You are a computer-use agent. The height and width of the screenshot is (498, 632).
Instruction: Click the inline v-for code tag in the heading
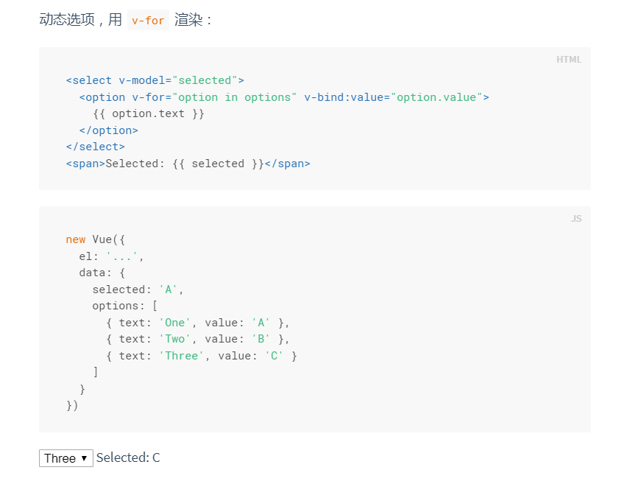point(148,21)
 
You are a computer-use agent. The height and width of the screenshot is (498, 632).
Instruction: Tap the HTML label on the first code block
point(569,60)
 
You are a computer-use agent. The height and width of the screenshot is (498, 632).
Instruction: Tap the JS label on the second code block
point(576,219)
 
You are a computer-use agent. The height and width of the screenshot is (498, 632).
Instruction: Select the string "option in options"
point(234,97)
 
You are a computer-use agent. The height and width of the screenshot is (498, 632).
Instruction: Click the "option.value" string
point(437,97)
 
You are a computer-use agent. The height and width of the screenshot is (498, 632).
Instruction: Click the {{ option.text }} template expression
point(149,113)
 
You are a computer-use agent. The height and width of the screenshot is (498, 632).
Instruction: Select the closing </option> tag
point(109,130)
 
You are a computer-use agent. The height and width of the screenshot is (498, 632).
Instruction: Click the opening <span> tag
point(85,164)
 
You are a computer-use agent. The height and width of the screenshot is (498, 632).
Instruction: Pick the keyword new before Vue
point(76,239)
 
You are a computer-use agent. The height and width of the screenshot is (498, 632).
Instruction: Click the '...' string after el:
point(122,256)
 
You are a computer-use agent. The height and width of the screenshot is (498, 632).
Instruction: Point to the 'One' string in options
point(175,323)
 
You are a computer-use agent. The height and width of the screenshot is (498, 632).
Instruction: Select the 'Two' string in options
point(175,339)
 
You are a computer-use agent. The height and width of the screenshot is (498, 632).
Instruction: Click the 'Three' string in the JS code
point(182,356)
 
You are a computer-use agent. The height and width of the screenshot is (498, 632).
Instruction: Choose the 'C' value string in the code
point(274,356)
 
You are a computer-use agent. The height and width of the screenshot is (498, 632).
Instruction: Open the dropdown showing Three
point(66,458)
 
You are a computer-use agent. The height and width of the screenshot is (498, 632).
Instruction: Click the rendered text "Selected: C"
point(128,458)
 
